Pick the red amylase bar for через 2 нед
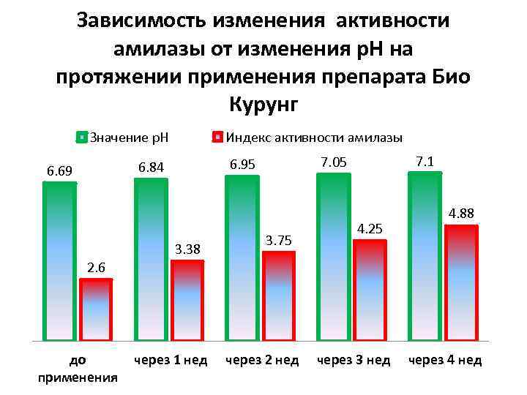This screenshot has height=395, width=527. point(278,296)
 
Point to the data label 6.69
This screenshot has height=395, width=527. point(59,171)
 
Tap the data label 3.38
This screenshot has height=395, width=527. point(187,250)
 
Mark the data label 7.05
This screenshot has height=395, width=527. point(333,162)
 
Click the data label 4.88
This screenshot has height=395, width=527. point(461,214)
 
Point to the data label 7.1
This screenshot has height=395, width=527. point(424,160)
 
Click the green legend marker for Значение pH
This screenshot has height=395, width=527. point(83,137)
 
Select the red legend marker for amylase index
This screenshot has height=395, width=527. point(217,137)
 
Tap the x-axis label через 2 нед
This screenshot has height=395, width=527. point(262,361)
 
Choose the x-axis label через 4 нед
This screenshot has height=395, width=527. point(444,361)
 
